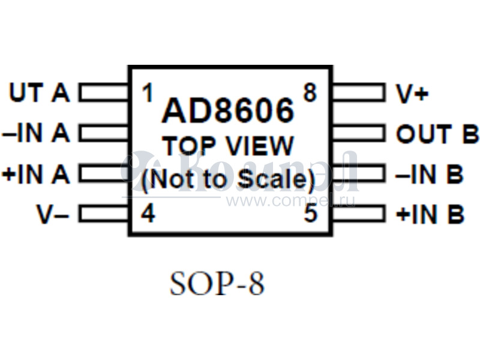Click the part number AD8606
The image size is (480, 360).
click(229, 111)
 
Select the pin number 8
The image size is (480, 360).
click(310, 93)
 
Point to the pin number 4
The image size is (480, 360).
click(148, 214)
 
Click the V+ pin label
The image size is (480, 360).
click(413, 94)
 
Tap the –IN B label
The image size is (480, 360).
click(430, 174)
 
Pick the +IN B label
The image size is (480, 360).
click(430, 214)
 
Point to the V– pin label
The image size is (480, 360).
click(53, 214)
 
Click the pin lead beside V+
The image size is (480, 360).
click(358, 93)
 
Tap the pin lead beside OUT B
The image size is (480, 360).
click(358, 133)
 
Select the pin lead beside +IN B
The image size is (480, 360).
click(358, 214)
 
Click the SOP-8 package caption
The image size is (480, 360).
click(217, 284)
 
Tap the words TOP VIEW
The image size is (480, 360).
click(229, 146)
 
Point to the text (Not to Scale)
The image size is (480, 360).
click(228, 179)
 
